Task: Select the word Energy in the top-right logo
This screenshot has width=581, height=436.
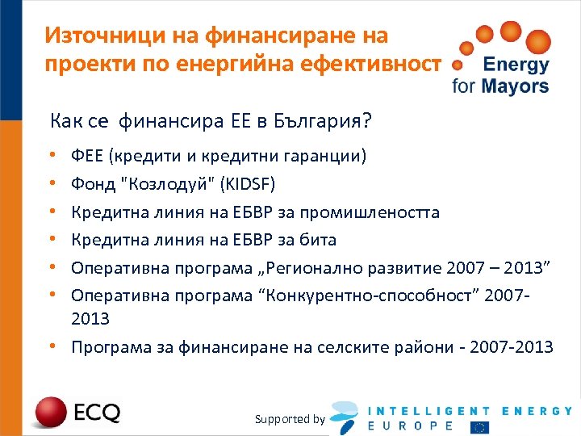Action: pyautogui.click(x=515, y=65)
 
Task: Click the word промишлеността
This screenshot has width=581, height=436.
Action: pyautogui.click(x=370, y=212)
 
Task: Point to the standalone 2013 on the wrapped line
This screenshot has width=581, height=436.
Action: pyautogui.click(x=90, y=319)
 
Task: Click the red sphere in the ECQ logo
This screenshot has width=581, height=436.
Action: pyautogui.click(x=48, y=413)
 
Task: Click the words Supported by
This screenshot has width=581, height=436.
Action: pyautogui.click(x=290, y=419)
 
